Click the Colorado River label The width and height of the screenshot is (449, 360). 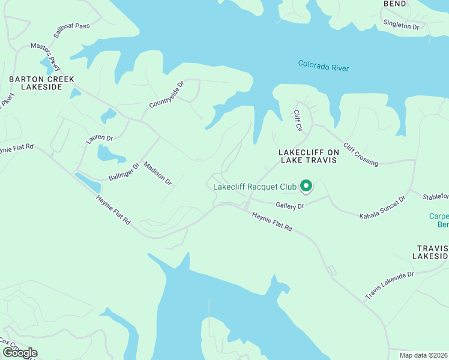324,67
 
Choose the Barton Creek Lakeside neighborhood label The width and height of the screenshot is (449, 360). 41,83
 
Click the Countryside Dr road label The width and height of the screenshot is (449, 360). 166,95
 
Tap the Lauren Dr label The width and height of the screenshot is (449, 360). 100,139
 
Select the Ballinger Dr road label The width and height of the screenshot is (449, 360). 124,171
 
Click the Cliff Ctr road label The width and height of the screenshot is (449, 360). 297,121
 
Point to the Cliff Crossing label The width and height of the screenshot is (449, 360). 360,154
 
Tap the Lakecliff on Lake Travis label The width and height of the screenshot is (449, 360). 309,157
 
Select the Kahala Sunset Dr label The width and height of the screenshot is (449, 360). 382,207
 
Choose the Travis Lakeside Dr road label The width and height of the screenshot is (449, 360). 390,286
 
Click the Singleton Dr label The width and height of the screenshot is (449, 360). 401,25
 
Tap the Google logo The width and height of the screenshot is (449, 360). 19,353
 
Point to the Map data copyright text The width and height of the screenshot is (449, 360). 424,355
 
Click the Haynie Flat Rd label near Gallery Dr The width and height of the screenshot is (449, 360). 272,221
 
